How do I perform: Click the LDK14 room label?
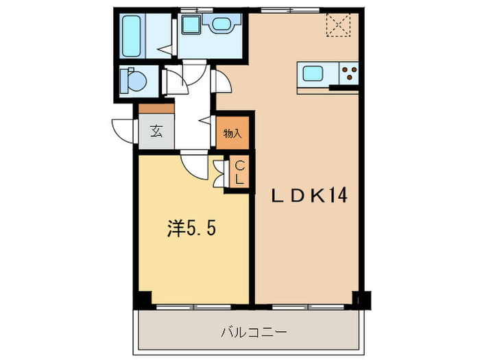[x=309, y=195]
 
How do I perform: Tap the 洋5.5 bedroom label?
[x=191, y=228]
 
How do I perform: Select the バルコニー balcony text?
[x=254, y=332]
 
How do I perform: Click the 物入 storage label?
[x=232, y=134]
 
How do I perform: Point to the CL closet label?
[x=240, y=173]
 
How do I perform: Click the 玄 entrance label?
[x=156, y=132]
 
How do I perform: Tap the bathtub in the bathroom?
[x=132, y=36]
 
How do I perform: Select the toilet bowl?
[x=134, y=80]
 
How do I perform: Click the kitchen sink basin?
[x=313, y=74]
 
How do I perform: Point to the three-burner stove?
[x=348, y=73]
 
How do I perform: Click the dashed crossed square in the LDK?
[x=338, y=25]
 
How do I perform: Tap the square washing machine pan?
[x=191, y=25]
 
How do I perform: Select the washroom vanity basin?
[x=223, y=23]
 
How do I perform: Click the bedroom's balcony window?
[x=194, y=307]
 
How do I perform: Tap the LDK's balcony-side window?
[x=308, y=307]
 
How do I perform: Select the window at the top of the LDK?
[x=290, y=10]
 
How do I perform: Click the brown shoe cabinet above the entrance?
[x=156, y=108]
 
